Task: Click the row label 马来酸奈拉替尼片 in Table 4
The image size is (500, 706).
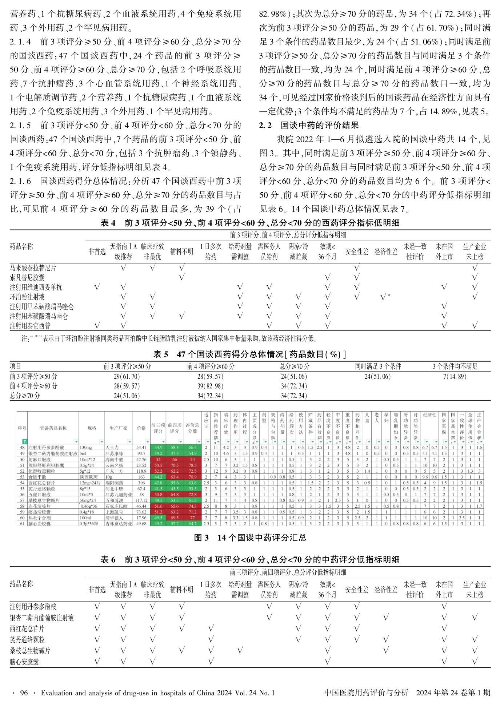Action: point(33,268)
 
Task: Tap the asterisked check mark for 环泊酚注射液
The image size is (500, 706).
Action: point(385,297)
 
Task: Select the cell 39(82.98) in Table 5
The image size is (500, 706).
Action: point(210,386)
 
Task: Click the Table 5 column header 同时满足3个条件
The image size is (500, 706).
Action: point(378,366)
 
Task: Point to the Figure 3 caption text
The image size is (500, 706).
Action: point(250,538)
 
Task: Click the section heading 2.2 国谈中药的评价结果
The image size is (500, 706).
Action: point(309,126)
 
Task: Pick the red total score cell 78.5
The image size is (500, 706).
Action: point(192,465)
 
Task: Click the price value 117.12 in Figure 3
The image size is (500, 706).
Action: point(141,500)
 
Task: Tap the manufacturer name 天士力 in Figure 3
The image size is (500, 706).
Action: point(112,448)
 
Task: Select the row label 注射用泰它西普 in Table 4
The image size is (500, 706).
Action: point(30,326)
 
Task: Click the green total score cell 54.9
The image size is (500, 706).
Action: point(192,453)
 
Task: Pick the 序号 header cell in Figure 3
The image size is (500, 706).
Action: point(22,428)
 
